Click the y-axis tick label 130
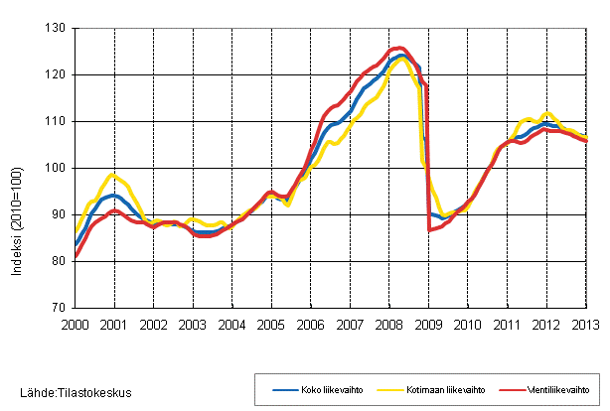tap(55, 28)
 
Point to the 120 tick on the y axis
tap(55, 74)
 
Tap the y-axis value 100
tap(55, 168)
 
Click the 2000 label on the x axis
tap(76, 325)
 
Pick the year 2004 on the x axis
tap(232, 325)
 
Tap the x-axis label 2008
tap(388, 325)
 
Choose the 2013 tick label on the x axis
tap(585, 325)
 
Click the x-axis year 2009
tap(428, 325)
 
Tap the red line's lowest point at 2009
tap(429, 230)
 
